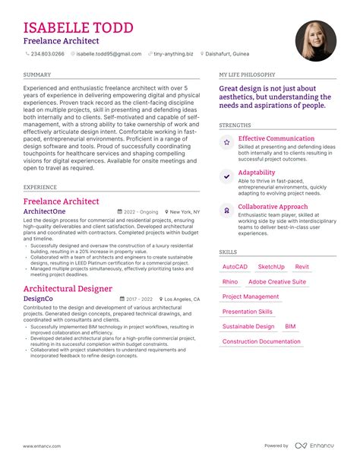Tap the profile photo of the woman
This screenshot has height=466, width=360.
click(316, 40)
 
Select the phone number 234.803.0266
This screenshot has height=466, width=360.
click(47, 54)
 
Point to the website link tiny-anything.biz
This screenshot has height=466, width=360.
click(173, 54)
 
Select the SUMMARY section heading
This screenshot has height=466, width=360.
click(37, 74)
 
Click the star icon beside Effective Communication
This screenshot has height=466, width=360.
click(226, 142)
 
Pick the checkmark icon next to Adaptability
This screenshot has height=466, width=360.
click(226, 176)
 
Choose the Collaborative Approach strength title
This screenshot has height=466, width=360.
click(273, 207)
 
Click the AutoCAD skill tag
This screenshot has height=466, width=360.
click(235, 267)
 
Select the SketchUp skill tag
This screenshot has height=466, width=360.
click(271, 267)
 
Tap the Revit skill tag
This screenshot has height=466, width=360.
click(302, 267)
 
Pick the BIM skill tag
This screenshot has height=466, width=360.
click(291, 327)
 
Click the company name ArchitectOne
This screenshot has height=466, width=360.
click(45, 211)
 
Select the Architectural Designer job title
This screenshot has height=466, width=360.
click(68, 289)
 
